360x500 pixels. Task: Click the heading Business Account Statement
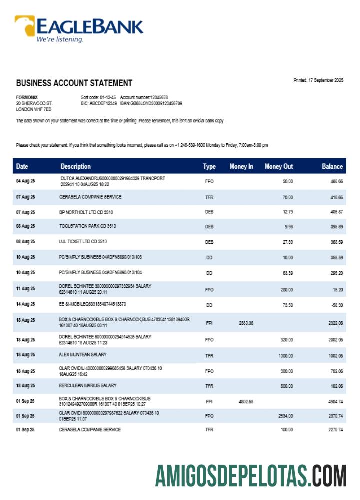[x=74, y=83]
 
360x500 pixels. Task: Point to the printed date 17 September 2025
[x=318, y=80]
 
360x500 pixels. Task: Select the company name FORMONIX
[x=27, y=97]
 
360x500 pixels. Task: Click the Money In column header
[x=241, y=166]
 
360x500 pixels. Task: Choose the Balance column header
[x=332, y=166]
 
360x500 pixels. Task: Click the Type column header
[x=209, y=166]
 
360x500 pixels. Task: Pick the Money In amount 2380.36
[x=246, y=323]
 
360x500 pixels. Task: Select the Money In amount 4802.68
[x=246, y=401]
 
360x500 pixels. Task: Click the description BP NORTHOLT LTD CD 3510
[x=86, y=212]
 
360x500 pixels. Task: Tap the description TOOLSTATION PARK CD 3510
[x=88, y=226]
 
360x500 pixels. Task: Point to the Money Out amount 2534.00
[x=284, y=415]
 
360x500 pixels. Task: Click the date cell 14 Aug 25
[x=25, y=304]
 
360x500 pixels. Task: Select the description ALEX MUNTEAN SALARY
[x=83, y=355]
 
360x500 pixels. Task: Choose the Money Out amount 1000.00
[x=285, y=356]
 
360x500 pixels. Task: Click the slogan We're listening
[x=59, y=39]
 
